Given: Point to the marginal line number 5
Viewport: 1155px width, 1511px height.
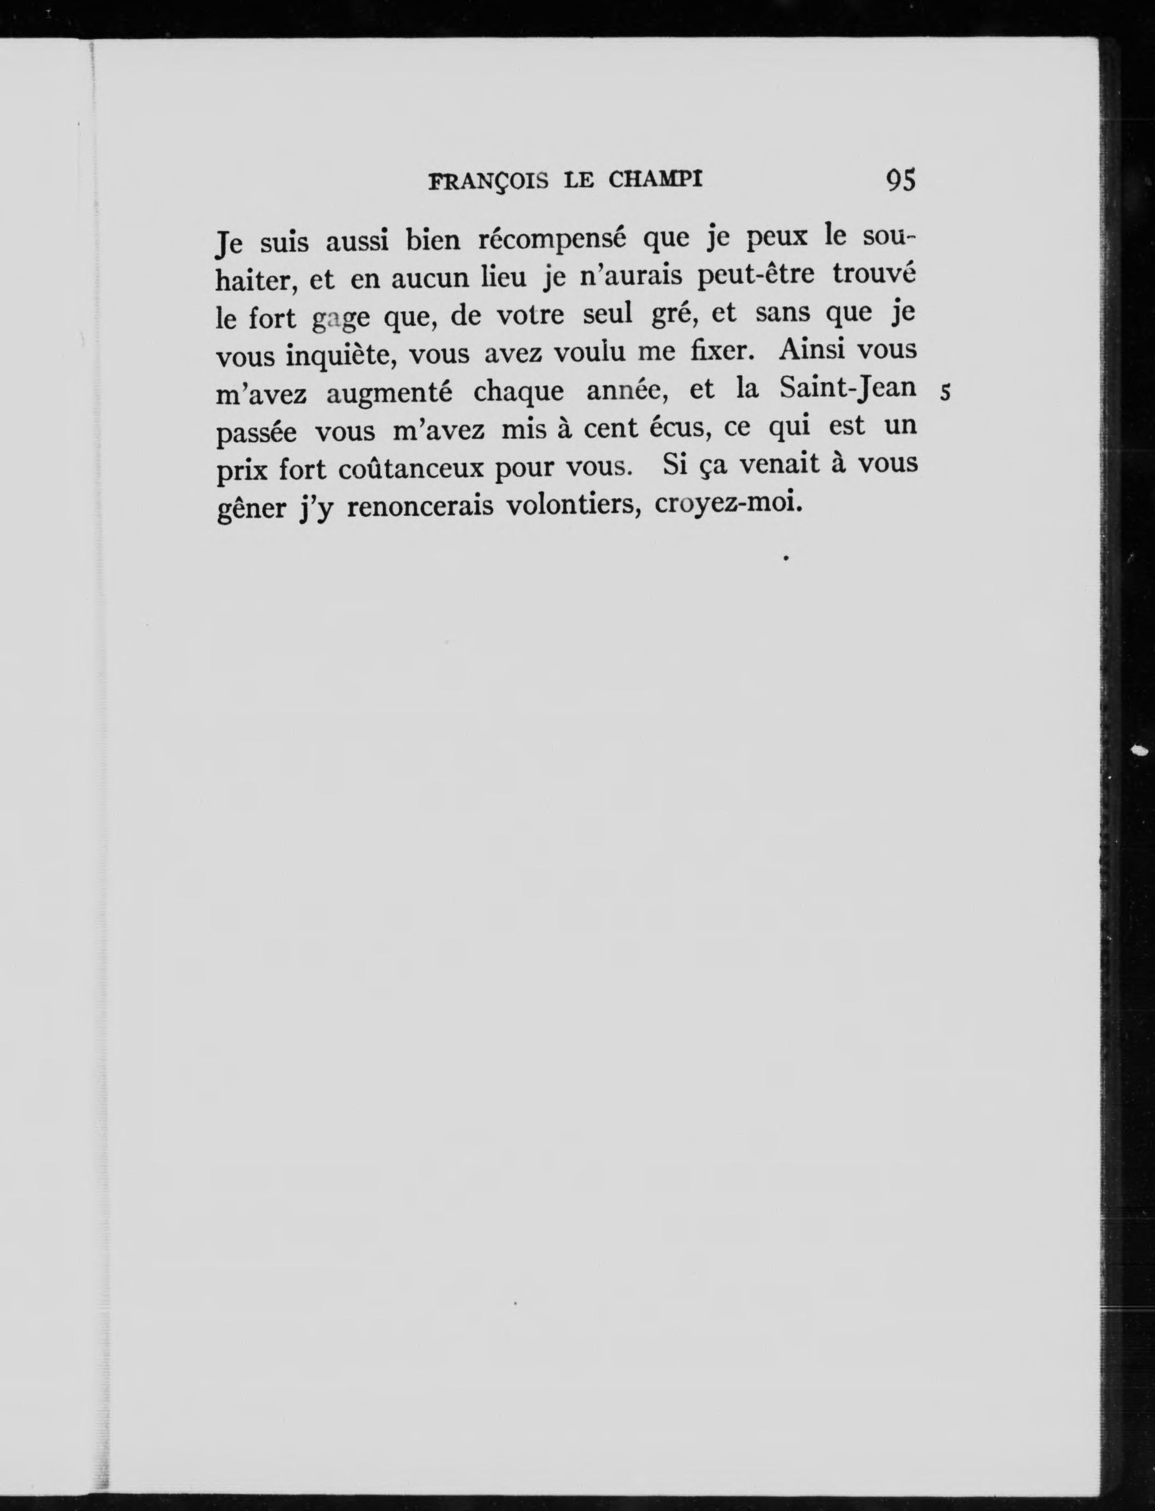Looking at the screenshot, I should point(945,393).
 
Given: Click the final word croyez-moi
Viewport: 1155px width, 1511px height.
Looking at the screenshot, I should point(728,505).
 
